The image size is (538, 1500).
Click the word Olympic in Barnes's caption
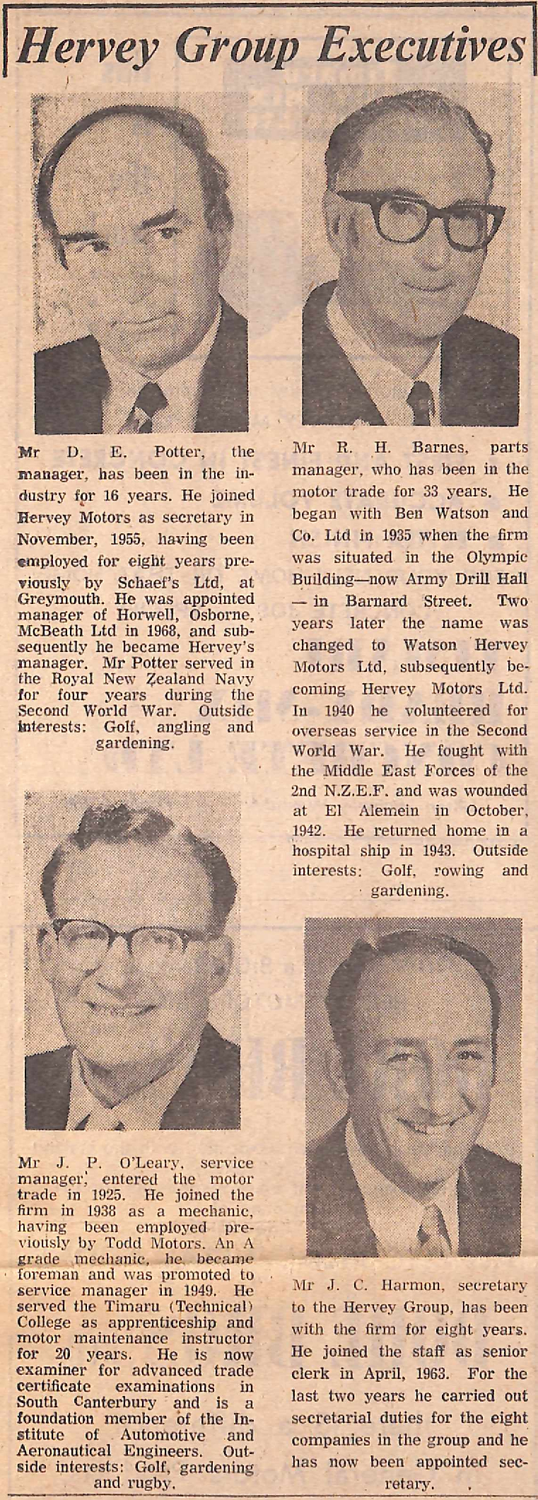point(498,557)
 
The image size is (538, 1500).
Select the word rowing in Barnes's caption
point(458,870)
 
